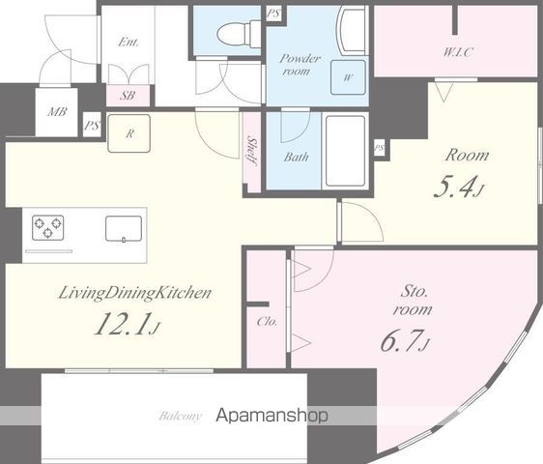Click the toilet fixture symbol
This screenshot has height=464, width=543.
point(239,33)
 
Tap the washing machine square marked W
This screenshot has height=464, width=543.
point(348,77)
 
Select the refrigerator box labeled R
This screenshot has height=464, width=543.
point(129,133)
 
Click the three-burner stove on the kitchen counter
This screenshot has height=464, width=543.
point(47,228)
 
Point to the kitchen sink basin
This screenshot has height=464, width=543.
point(124,228)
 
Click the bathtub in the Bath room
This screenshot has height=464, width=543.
point(345,151)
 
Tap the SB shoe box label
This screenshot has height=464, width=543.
point(128,96)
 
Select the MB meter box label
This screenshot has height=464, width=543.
point(57,112)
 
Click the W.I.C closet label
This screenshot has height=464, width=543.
point(458,52)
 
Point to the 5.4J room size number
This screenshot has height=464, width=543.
point(459,188)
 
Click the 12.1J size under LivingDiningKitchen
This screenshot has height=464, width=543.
point(128,324)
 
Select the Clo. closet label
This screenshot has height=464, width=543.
point(267,322)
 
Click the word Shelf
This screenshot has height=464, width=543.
point(252,151)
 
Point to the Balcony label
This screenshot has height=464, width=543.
point(180,416)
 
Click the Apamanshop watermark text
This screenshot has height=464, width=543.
point(271,415)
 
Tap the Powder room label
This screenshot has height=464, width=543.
point(300,65)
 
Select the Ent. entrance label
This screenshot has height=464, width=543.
point(129,43)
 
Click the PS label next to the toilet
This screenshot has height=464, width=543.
point(273,14)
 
